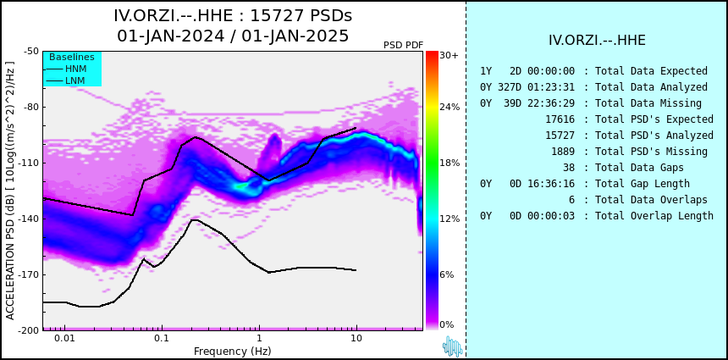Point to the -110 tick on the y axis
(x=30, y=163)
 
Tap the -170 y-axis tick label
(x=30, y=274)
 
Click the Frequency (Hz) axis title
(x=232, y=351)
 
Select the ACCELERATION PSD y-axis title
(x=10, y=191)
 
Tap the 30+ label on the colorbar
(x=449, y=55)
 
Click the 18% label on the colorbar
(x=449, y=163)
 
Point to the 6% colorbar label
(x=447, y=274)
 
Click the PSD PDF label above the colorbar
(x=404, y=45)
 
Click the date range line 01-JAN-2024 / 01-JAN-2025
(x=233, y=36)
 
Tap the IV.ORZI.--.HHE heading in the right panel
(x=597, y=41)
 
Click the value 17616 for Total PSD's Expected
(x=560, y=119)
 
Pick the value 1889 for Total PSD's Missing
(x=563, y=152)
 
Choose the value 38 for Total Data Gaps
(x=568, y=167)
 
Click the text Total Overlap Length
(x=654, y=215)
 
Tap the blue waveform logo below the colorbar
(x=453, y=346)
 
